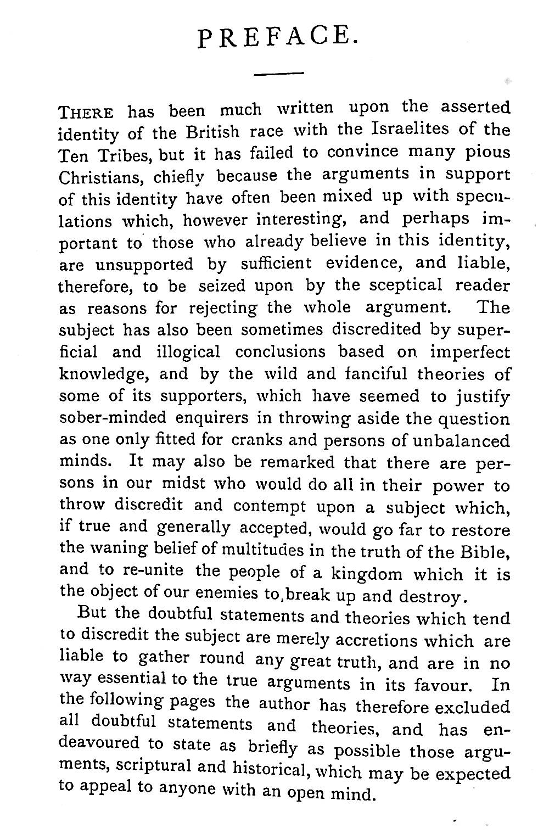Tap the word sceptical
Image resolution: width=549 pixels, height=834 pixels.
[x=405, y=285]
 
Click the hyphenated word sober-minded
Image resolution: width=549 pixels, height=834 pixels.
[x=112, y=418]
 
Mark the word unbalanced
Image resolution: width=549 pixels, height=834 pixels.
[x=465, y=441]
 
